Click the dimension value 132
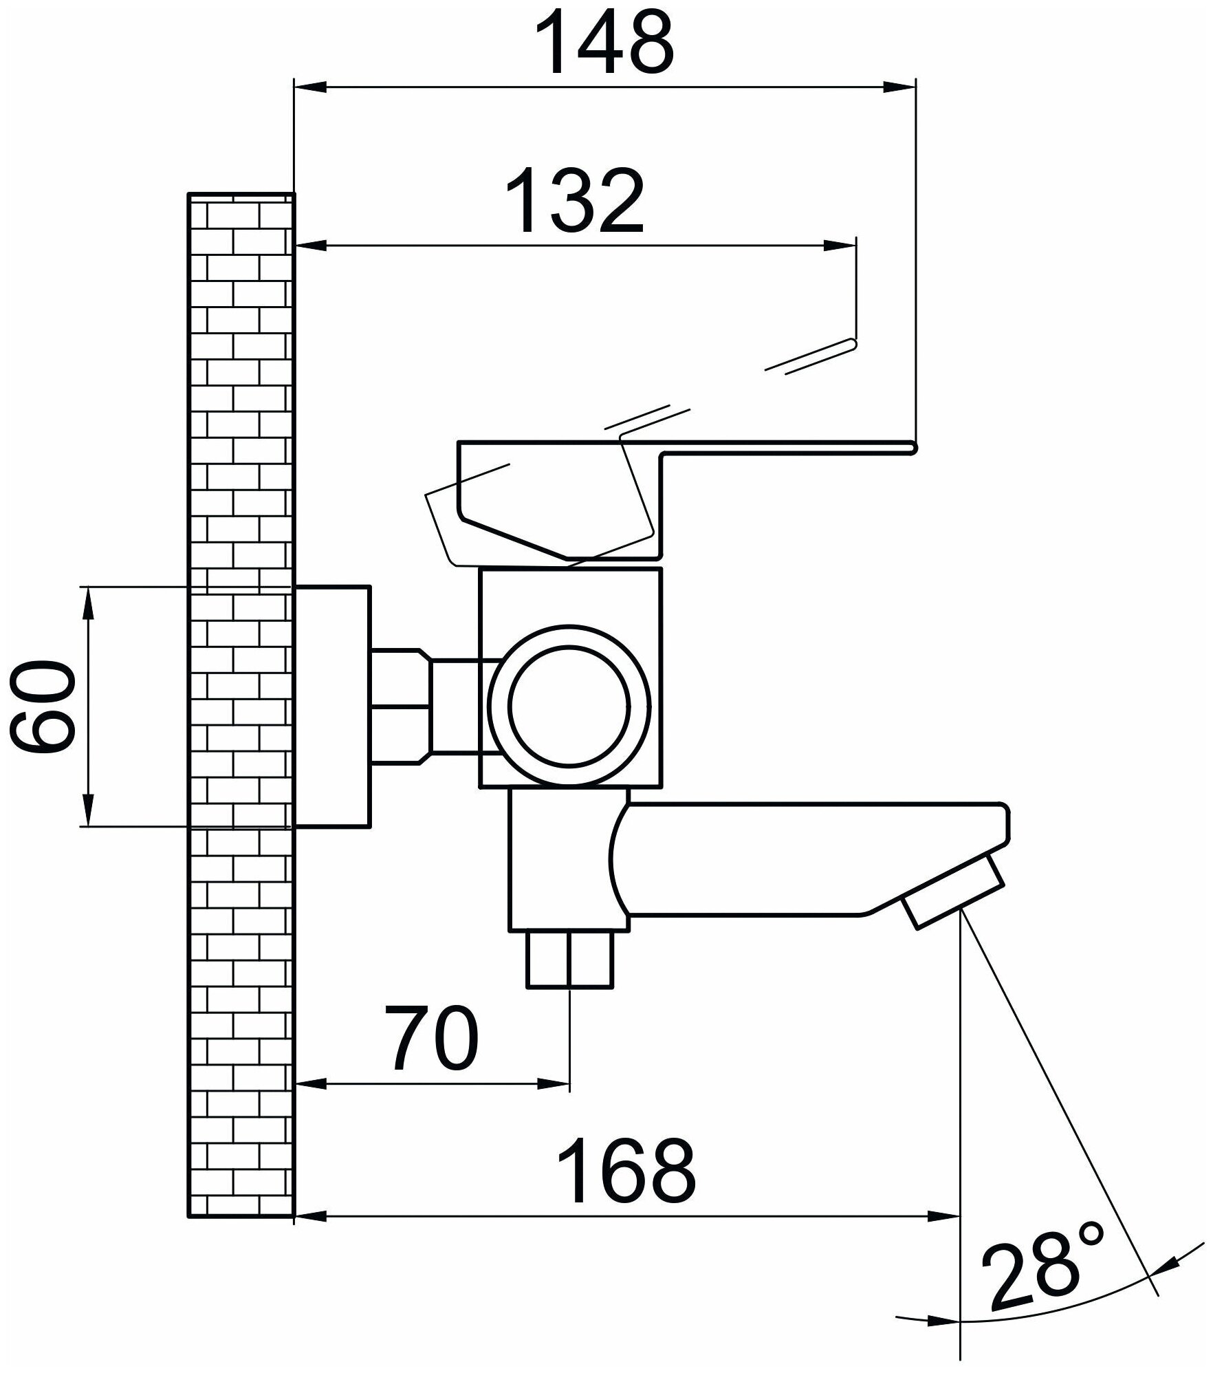[575, 201]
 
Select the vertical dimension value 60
[41, 706]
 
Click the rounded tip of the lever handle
[912, 448]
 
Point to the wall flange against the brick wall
[333, 706]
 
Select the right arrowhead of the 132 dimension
[842, 246]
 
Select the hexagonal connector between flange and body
[400, 706]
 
